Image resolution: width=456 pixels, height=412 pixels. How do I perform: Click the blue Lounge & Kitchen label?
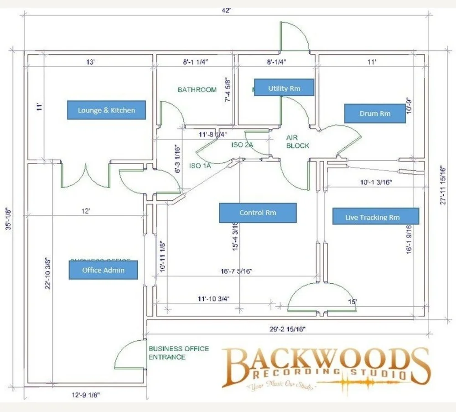[x=106, y=110]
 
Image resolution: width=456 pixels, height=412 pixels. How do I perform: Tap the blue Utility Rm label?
[x=284, y=88]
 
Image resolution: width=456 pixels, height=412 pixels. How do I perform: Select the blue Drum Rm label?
[x=375, y=113]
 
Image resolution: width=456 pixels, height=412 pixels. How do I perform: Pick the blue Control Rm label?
[x=258, y=213]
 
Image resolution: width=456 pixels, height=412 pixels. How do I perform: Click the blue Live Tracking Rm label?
[x=376, y=216]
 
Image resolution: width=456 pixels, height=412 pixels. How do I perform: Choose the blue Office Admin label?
[x=103, y=270]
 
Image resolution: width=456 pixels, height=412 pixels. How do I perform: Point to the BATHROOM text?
[x=197, y=89]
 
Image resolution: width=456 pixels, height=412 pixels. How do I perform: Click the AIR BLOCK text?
[x=297, y=141]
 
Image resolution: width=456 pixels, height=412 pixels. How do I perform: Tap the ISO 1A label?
[x=200, y=166]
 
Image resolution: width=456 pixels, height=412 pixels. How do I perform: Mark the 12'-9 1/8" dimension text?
[x=85, y=394]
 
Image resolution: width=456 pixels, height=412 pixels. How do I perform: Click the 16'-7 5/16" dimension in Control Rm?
[x=237, y=271]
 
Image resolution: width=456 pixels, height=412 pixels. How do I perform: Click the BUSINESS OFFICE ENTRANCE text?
[x=179, y=352]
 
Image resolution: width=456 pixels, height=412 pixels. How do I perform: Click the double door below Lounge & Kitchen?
[x=85, y=176]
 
